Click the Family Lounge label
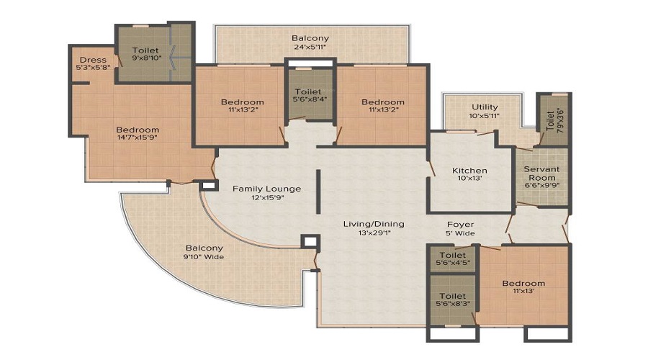click(x=266, y=189)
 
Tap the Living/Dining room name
click(x=373, y=224)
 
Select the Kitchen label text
click(x=469, y=171)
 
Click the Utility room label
click(x=485, y=107)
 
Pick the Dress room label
click(x=93, y=60)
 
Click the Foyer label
click(x=459, y=224)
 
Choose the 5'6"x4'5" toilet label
click(x=452, y=264)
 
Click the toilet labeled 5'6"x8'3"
click(x=452, y=300)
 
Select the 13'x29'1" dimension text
click(x=373, y=234)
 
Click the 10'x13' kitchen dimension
click(x=469, y=180)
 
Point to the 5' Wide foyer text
click(x=459, y=234)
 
